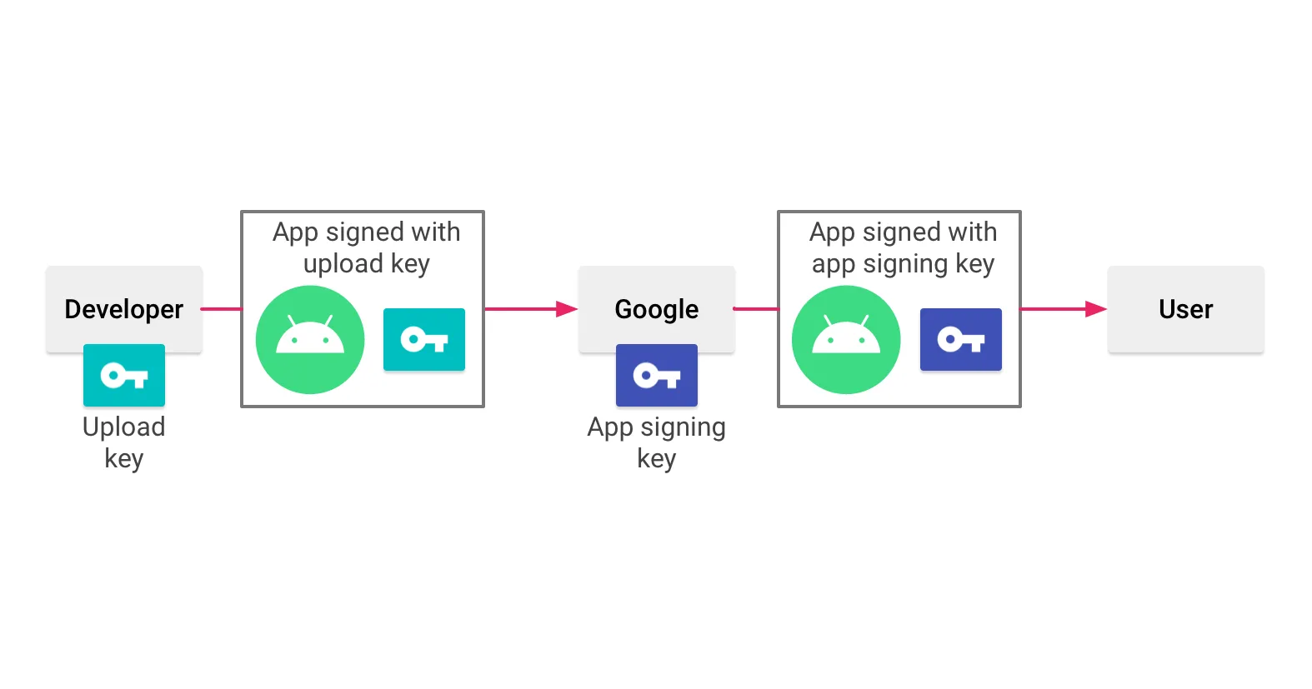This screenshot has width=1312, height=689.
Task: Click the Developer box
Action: point(124,308)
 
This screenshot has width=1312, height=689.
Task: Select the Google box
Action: point(657,308)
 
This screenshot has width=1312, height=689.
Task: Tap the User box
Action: point(1185,308)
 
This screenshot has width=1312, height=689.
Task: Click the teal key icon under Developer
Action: point(124,375)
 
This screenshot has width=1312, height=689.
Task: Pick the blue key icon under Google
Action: point(657,375)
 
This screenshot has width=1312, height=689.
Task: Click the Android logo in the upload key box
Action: point(310,340)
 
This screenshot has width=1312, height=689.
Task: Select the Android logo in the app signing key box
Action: point(846,340)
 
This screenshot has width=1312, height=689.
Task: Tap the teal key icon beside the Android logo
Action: point(424,339)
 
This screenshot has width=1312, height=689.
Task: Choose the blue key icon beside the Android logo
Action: point(961,339)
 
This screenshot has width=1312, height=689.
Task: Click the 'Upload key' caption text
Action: point(124,442)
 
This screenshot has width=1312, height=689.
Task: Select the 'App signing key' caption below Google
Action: point(657,442)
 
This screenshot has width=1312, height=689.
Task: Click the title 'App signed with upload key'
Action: point(367,247)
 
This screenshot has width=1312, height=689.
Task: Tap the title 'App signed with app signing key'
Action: point(904,247)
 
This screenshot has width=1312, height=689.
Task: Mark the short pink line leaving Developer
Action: point(222,309)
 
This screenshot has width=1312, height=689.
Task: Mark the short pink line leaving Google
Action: point(756,309)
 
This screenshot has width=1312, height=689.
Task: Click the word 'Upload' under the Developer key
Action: point(124,427)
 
